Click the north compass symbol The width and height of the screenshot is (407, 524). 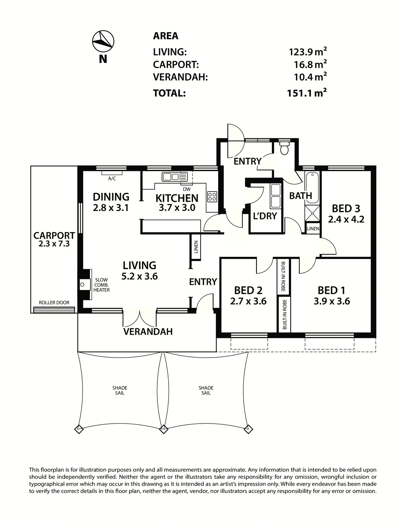103,41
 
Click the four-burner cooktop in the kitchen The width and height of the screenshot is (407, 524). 212,197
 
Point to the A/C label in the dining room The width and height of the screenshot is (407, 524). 112,179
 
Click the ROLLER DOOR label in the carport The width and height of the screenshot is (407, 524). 54,302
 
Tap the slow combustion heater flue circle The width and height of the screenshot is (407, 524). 82,284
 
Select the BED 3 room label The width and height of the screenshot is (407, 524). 346,208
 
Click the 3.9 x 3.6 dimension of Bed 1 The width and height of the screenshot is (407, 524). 332,301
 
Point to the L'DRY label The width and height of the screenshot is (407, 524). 265,216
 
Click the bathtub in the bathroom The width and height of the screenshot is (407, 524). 312,187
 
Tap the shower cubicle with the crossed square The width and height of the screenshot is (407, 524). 312,213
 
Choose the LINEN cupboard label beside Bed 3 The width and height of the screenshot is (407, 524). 313,229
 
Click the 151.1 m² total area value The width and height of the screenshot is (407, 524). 307,93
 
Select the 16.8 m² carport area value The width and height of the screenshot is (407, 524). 310,65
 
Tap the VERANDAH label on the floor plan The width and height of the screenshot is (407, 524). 148,331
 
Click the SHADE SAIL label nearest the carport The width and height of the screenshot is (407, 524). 120,390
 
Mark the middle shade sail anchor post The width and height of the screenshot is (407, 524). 164,429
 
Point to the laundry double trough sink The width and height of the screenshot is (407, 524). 276,196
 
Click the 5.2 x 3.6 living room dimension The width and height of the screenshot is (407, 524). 140,276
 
